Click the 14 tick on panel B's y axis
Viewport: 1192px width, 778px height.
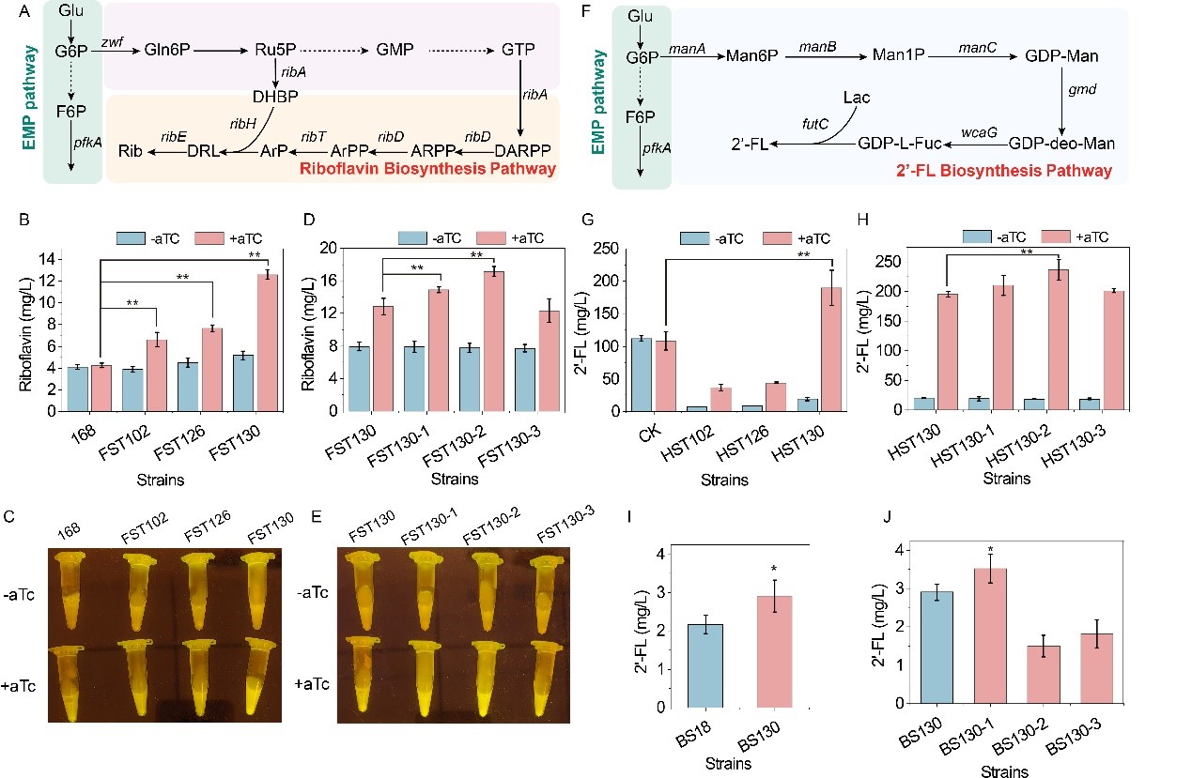55,259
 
